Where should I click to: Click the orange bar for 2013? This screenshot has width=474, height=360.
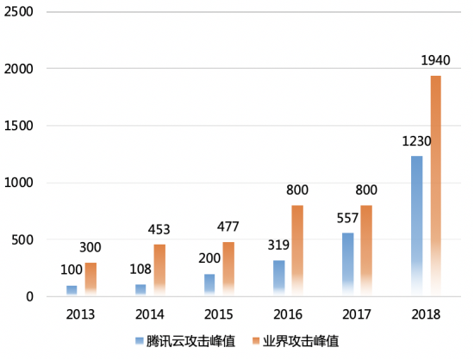(x=90, y=279)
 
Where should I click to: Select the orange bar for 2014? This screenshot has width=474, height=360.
(x=159, y=270)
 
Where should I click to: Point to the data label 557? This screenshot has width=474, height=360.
(x=346, y=220)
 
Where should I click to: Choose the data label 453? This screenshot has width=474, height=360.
(x=159, y=230)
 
